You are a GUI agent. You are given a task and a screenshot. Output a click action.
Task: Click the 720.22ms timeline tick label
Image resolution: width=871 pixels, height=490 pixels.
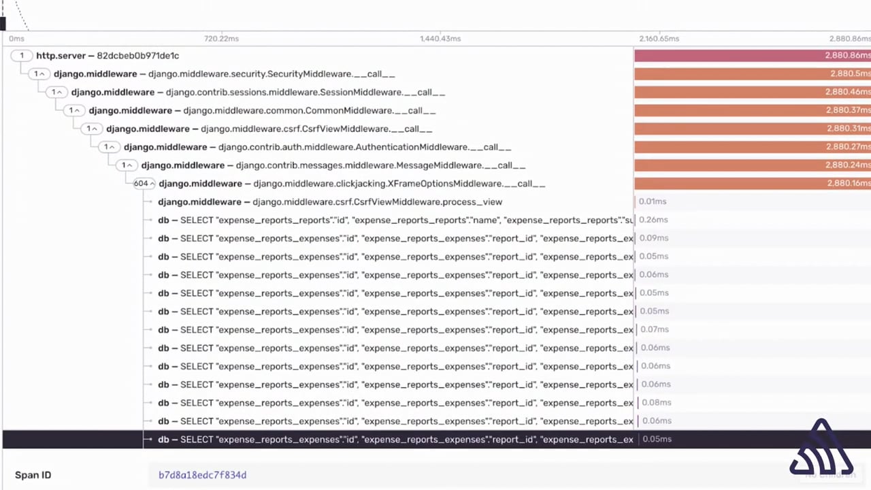tap(221, 39)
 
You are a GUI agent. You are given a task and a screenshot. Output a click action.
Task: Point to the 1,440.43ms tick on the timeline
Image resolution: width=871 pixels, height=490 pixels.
tap(440, 39)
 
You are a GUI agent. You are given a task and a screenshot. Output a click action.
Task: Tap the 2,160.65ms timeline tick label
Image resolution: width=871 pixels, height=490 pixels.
tap(659, 39)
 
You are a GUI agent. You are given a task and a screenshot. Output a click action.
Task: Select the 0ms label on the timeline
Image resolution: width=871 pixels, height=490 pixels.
tap(16, 39)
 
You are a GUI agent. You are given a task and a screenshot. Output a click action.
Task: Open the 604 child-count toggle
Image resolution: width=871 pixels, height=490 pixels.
tap(144, 184)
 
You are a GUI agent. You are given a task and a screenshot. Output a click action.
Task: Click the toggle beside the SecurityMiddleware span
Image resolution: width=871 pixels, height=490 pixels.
tap(39, 74)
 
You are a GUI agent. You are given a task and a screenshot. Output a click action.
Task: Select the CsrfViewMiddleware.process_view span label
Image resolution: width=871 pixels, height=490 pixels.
tap(330, 202)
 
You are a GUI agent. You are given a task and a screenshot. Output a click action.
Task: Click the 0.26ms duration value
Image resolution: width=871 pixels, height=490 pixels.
tap(653, 220)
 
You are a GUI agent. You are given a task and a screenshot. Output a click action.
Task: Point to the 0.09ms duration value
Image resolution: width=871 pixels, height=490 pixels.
tap(654, 238)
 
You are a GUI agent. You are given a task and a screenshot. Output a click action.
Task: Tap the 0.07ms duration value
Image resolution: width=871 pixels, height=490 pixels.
tap(654, 329)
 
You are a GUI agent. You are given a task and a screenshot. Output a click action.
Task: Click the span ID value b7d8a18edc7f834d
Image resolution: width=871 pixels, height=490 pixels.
tap(202, 475)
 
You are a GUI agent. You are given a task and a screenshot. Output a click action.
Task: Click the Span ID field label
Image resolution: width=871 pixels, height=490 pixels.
tap(33, 475)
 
